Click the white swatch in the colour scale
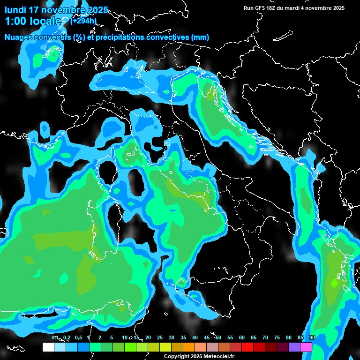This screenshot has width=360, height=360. point(48,347)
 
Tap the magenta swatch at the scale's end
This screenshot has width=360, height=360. point(306,347)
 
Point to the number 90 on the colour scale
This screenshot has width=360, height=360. point(312,337)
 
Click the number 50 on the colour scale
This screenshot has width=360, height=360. point(218,337)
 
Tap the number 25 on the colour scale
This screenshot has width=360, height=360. point(160,337)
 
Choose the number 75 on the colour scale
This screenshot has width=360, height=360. point(277,337)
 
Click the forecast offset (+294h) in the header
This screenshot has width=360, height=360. point(84,21)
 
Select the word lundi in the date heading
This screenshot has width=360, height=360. point(16,10)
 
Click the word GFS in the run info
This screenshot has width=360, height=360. point(260,8)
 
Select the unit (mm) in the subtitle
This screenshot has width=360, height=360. point(201,37)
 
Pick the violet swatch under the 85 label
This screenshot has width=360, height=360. point(294,347)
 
